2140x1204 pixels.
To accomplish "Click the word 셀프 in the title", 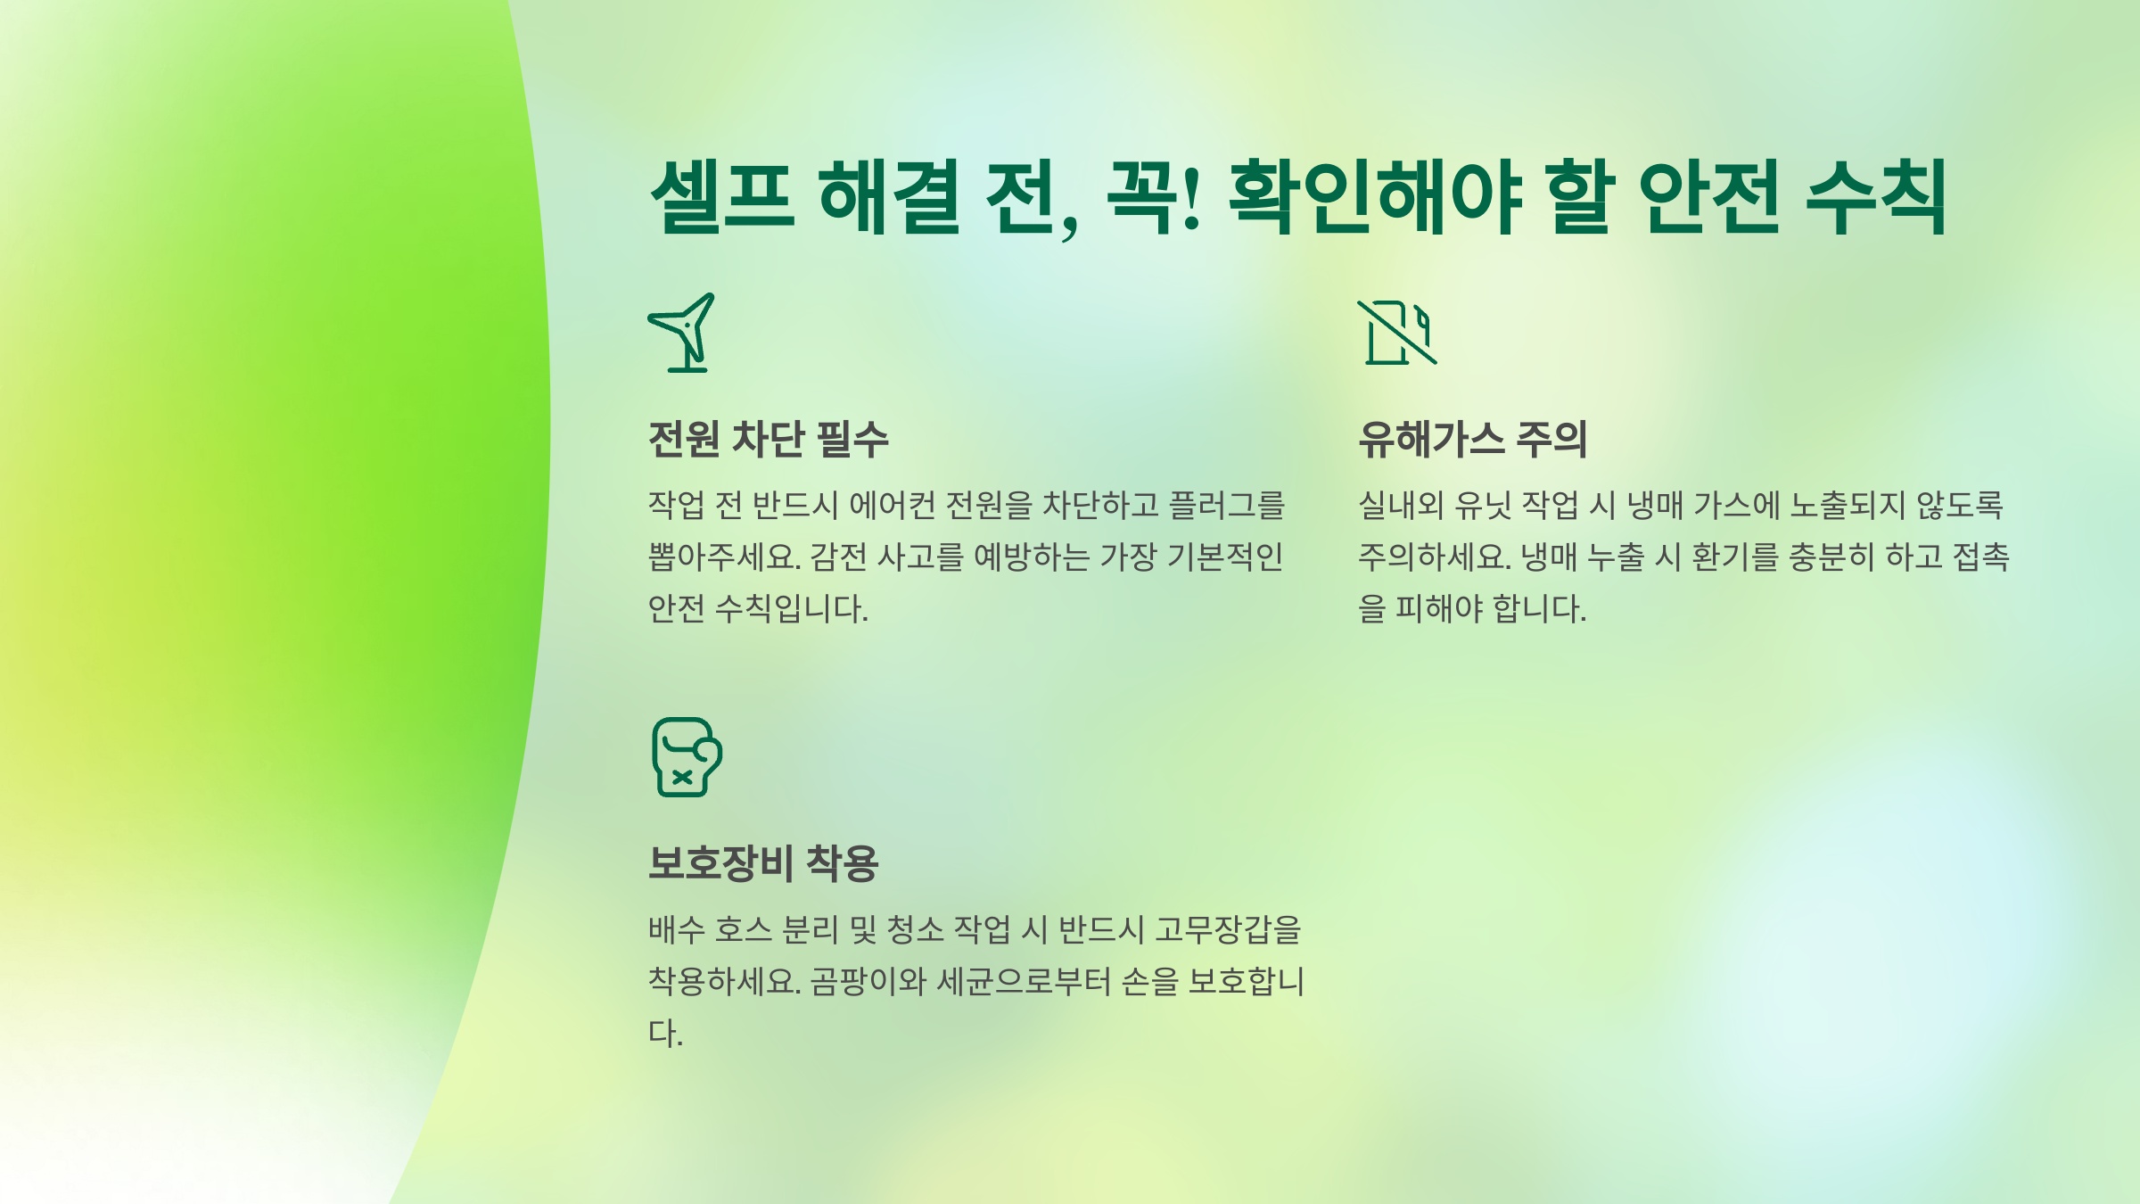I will tap(722, 196).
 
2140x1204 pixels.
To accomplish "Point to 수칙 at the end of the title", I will tap(1876, 196).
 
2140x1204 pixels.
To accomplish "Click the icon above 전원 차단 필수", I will tap(683, 333).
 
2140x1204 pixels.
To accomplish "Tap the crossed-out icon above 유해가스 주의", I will tap(1397, 333).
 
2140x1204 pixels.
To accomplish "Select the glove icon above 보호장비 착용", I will tap(686, 757).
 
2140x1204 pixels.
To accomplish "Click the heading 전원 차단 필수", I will tap(768, 439).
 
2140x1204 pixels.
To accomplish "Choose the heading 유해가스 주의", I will tap(1472, 439).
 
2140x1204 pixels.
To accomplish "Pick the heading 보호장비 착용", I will tap(763, 863).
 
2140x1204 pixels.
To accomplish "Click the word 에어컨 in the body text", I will tap(892, 506).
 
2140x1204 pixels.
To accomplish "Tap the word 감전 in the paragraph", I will tap(838, 557).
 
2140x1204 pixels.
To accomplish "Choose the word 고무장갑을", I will tap(1228, 930).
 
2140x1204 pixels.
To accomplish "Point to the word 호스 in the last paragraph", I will tap(743, 930).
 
